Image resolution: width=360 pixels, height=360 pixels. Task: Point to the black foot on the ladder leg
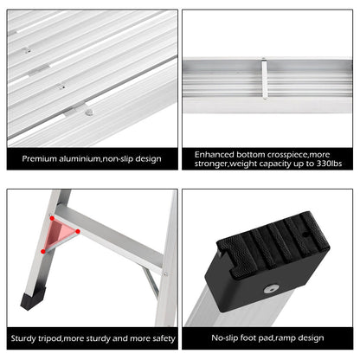tap(31, 299)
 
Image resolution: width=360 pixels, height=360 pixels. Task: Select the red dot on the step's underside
tap(79, 231)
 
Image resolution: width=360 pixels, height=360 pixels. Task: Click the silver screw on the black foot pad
tap(271, 288)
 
